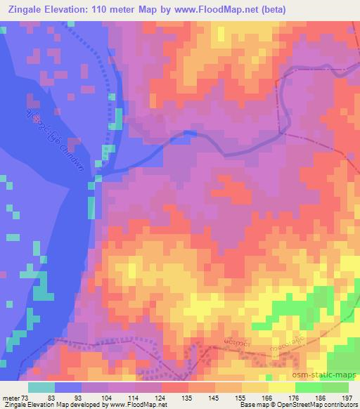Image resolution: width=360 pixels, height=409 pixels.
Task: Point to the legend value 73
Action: click(27, 398)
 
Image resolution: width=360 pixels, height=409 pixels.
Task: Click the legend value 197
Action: click(346, 398)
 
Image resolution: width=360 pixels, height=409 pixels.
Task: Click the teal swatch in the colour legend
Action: click(41, 387)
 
